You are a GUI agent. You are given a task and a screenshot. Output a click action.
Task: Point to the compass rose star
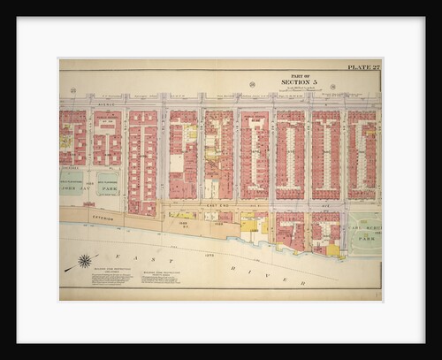(85, 261)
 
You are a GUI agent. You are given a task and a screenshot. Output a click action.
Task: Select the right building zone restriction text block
(156, 278)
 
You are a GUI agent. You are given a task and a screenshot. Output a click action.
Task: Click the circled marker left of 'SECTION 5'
(252, 85)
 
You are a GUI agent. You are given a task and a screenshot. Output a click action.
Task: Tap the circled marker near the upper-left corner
(73, 90)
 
